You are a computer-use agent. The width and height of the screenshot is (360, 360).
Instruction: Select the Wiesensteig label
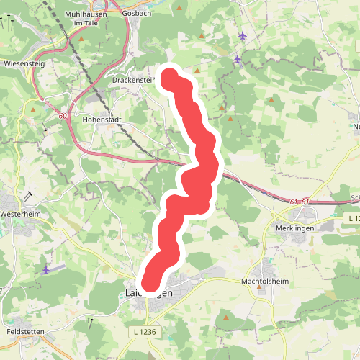[x=20, y=63]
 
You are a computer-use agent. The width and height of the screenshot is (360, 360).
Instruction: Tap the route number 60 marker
[x=63, y=116]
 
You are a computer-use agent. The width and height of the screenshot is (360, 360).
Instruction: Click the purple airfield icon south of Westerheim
[x=48, y=269]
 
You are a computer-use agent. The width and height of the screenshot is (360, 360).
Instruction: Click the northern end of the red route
[x=171, y=77]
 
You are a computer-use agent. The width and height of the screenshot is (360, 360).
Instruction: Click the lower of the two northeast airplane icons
[x=238, y=58]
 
